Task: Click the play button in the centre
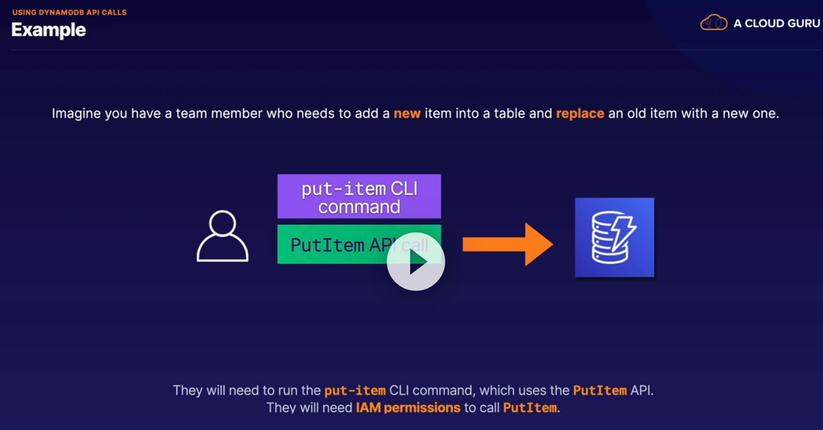(416, 261)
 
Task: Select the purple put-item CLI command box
(359, 196)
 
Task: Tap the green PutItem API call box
(359, 244)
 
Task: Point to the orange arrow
(508, 244)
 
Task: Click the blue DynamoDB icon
(614, 237)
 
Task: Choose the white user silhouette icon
(222, 236)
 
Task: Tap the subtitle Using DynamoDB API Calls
(70, 12)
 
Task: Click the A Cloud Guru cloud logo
(714, 22)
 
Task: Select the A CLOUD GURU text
(776, 23)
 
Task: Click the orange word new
(407, 113)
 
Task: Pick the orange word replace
(580, 113)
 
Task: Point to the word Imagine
(76, 113)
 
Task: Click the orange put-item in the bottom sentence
(355, 390)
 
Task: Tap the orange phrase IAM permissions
(408, 408)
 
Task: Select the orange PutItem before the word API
(600, 390)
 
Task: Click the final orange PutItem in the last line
(530, 408)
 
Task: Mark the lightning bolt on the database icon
(623, 233)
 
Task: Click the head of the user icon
(222, 223)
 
